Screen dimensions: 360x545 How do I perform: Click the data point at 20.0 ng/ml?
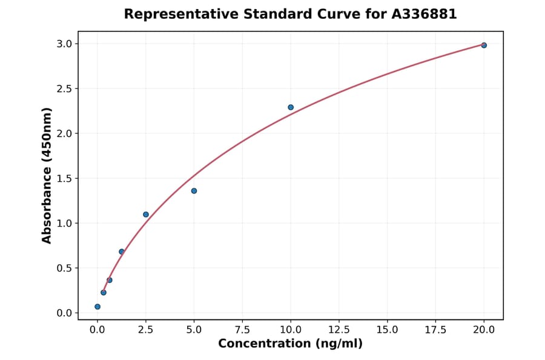tap(484, 45)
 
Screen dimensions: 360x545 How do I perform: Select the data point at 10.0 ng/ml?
tap(291, 107)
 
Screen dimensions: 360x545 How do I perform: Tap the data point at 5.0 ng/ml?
tap(194, 191)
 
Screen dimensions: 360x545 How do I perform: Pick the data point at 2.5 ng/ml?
tap(146, 215)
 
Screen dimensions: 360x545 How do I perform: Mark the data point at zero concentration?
tap(97, 307)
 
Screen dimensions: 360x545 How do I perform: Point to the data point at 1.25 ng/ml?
tap(122, 252)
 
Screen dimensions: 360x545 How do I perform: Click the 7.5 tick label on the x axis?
tap(242, 330)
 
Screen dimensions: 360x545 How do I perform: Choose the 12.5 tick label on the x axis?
tap(339, 330)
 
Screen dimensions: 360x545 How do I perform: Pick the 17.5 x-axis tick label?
tap(435, 330)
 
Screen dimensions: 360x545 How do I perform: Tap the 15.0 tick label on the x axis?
tap(388, 330)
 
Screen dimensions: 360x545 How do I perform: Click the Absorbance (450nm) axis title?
tap(47, 176)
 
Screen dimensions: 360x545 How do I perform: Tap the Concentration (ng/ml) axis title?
tap(291, 344)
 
